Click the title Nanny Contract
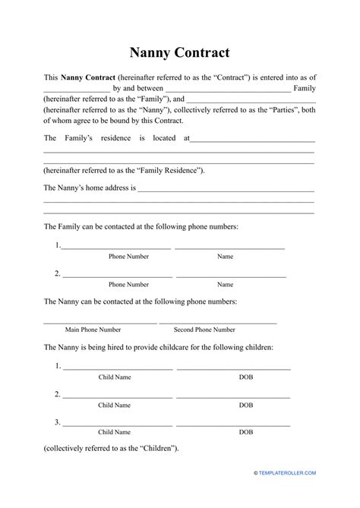click(179, 52)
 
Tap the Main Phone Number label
click(93, 330)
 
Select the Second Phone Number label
click(204, 330)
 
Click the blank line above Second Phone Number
click(218, 323)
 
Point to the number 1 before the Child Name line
click(58, 365)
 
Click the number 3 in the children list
click(58, 421)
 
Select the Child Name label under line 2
click(115, 405)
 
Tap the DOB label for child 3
click(246, 432)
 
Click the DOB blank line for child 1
click(233, 368)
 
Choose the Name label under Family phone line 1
click(225, 257)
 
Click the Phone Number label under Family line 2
click(128, 285)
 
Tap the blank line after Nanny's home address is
click(226, 190)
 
